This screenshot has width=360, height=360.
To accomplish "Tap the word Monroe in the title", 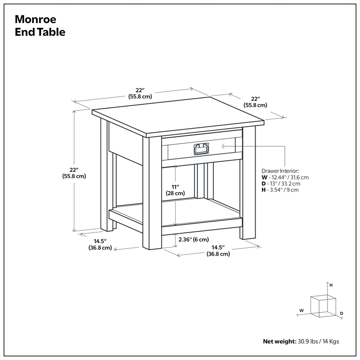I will pos(35,20).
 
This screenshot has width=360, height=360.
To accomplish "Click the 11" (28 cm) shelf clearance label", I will pos(175,190).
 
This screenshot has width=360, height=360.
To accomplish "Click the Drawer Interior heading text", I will pos(280,171).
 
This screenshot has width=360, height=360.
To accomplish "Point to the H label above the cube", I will pos(331,285).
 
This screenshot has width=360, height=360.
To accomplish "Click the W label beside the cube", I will pos(302,310).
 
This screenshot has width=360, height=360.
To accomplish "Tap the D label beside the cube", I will pos(342,313).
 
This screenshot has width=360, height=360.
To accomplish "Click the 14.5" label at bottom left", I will pos(100,244).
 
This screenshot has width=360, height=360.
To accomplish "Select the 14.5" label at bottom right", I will pos(218,251).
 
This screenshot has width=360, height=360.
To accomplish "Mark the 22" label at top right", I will pos(256,102).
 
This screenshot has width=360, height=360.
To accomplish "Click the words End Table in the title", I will pos(40,32).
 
